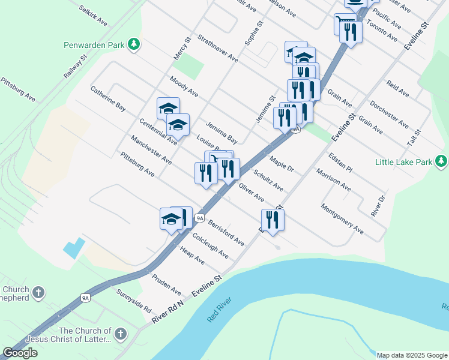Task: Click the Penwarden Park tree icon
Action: pyautogui.click(x=136, y=44)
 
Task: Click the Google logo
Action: pyautogui.click(x=20, y=353)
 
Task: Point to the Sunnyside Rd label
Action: pyautogui.click(x=133, y=302)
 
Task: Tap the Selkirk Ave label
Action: pyautogui.click(x=92, y=15)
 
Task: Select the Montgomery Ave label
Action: pyautogui.click(x=342, y=219)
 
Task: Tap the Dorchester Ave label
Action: pyautogui.click(x=389, y=114)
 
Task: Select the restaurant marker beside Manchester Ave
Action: pyautogui.click(x=206, y=173)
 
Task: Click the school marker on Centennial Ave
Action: pyautogui.click(x=178, y=125)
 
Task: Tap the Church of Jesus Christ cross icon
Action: pyautogui.click(x=120, y=334)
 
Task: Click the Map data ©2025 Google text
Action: pyautogui.click(x=412, y=355)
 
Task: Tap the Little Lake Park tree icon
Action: pyautogui.click(x=442, y=161)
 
